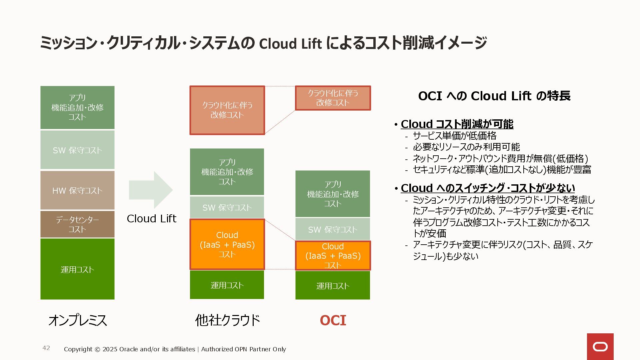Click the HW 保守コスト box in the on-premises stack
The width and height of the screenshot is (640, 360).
pos(77,190)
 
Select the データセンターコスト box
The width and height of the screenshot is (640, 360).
pos(77,224)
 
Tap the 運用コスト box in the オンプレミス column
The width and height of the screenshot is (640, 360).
pos(77,269)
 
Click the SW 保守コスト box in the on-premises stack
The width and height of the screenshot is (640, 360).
pos(77,150)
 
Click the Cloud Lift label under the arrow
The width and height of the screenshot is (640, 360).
pos(151,219)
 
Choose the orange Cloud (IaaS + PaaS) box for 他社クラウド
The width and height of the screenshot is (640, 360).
pos(227,244)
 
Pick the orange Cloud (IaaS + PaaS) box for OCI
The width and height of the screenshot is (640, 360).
pos(333,256)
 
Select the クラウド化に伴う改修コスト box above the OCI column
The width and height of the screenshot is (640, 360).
pos(333,98)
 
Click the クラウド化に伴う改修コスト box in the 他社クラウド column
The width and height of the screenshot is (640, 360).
pos(227,110)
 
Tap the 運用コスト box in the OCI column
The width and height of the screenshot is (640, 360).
pos(333,285)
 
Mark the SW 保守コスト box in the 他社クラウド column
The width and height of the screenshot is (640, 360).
pos(227,207)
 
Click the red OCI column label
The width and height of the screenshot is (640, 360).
pos(333,320)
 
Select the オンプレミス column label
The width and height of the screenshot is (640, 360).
pos(77,320)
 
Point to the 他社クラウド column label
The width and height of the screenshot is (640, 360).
pos(227,320)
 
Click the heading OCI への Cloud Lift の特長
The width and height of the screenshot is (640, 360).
pos(494,96)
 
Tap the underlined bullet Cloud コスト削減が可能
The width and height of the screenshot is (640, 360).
pos(457,124)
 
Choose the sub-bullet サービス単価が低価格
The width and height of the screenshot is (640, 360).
pos(454,136)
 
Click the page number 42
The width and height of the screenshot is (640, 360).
pos(46,348)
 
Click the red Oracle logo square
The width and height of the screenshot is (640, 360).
pos(600,347)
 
